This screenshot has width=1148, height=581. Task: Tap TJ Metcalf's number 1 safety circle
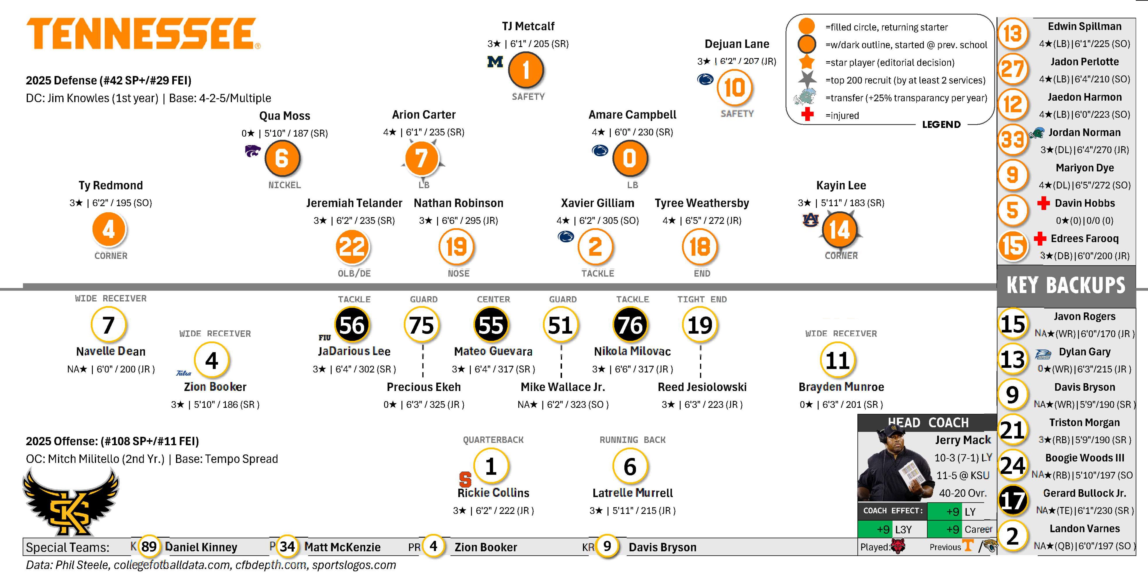pos(526,70)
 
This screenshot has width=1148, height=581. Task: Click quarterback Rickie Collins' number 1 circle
pos(491,466)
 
